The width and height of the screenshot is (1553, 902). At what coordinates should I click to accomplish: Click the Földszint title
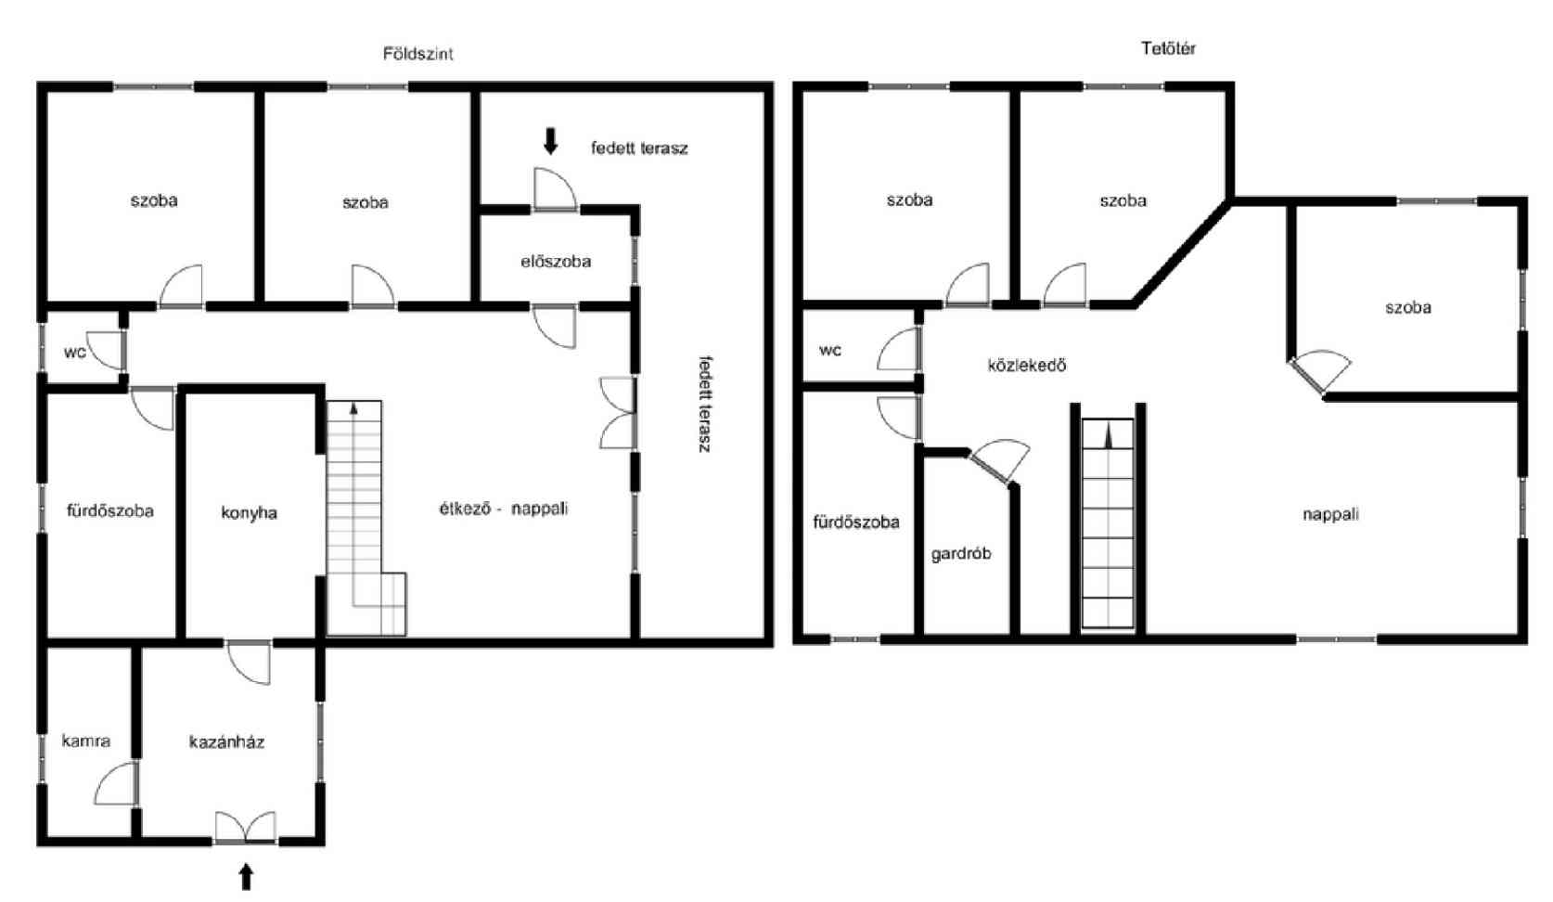[x=418, y=54]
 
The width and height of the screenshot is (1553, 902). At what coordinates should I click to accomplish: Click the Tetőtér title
[x=1168, y=48]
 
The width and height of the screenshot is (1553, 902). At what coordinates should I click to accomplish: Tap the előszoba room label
[x=556, y=262]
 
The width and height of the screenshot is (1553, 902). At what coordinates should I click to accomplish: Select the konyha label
[x=249, y=513]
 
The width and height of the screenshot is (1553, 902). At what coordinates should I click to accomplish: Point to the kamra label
[x=86, y=741]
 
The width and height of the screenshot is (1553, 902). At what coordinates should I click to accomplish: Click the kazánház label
[x=226, y=742]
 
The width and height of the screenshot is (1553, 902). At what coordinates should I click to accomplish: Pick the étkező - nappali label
[x=504, y=509]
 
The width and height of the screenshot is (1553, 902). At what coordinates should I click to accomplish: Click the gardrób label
[x=961, y=554]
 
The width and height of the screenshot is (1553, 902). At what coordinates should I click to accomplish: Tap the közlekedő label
[x=1027, y=365]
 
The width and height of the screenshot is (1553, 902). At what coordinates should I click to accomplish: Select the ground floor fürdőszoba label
[x=110, y=511]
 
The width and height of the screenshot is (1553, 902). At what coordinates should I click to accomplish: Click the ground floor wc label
[x=75, y=353]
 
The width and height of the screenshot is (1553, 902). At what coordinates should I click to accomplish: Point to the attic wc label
[x=830, y=351]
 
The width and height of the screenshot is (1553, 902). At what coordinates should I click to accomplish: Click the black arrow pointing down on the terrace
[x=550, y=141]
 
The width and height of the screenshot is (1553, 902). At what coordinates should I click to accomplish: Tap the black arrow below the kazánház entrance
[x=246, y=876]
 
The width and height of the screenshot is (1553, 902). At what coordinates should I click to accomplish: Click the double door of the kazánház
[x=246, y=828]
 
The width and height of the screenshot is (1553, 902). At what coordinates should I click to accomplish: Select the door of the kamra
[x=117, y=783]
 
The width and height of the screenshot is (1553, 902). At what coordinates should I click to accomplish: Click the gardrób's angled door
[x=999, y=459]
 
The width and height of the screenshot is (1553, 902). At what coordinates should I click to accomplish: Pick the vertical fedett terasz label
[x=705, y=405]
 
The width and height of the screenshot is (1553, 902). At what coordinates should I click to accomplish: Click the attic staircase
[x=1108, y=523]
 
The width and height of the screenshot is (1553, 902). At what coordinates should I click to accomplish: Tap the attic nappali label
[x=1330, y=514]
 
